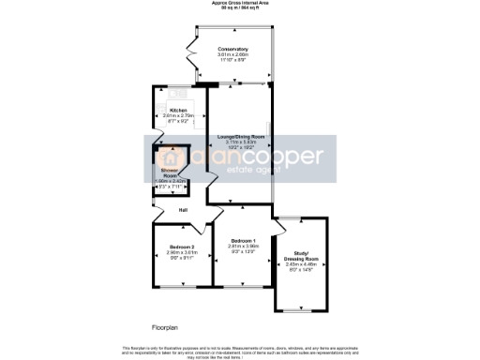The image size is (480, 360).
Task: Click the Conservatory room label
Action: coord(232,48)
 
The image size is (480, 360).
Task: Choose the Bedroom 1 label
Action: coord(243,241)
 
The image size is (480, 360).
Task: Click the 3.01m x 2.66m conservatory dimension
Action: coord(232,54)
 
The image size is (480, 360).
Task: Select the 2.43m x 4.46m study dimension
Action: coord(301,265)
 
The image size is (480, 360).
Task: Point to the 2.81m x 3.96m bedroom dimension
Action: coord(243,247)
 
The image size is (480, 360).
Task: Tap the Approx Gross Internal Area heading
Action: coord(240,4)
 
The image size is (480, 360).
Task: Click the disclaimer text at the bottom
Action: coord(240,351)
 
